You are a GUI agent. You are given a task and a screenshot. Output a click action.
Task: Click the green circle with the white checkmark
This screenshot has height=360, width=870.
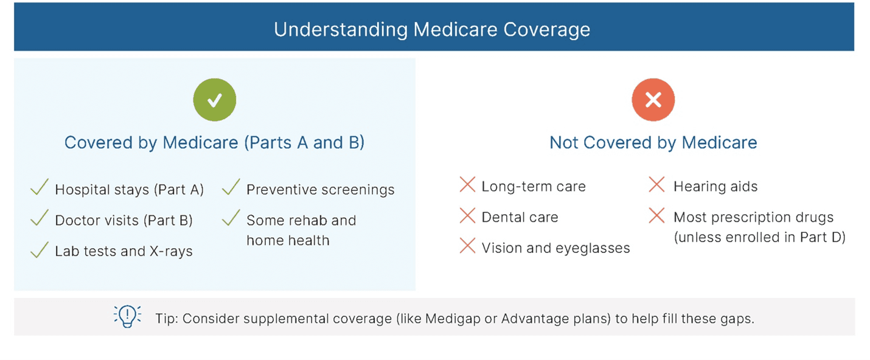pyautogui.click(x=214, y=100)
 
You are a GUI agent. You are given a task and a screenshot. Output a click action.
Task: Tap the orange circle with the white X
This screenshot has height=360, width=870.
pyautogui.click(x=653, y=100)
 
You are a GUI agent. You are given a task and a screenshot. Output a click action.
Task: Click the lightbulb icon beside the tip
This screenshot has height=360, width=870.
pyautogui.click(x=127, y=316)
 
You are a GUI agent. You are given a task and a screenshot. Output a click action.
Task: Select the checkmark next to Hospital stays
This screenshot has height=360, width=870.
pyautogui.click(x=39, y=187)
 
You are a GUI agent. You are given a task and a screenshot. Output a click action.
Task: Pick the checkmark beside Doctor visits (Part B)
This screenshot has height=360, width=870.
pyautogui.click(x=39, y=218)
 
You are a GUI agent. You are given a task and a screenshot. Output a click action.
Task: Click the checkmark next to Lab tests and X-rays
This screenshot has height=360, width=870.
pyautogui.click(x=39, y=250)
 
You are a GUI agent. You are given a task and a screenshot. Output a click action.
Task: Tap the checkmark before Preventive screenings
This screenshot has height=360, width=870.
pyautogui.click(x=231, y=187)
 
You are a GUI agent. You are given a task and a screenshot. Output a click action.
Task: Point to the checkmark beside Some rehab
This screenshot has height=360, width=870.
pyautogui.click(x=231, y=218)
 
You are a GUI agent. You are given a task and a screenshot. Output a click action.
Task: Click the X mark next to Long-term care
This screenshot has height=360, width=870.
pyautogui.click(x=468, y=184)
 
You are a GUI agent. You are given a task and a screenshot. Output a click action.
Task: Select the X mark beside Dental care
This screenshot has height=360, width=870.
pyautogui.click(x=468, y=215)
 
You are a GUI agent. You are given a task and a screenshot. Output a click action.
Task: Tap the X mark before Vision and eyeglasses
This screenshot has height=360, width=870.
pyautogui.click(x=468, y=246)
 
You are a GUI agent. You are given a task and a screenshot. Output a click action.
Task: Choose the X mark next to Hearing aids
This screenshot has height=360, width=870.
pyautogui.click(x=657, y=184)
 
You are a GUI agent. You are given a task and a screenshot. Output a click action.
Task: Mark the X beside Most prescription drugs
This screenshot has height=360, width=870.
pyautogui.click(x=657, y=215)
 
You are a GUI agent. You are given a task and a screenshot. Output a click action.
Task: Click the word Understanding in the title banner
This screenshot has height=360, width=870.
pyautogui.click(x=341, y=30)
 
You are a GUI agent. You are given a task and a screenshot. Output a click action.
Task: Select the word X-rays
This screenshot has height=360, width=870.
pyautogui.click(x=171, y=251)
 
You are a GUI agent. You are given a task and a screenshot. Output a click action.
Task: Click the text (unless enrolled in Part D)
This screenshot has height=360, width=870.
pyautogui.click(x=760, y=237)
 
